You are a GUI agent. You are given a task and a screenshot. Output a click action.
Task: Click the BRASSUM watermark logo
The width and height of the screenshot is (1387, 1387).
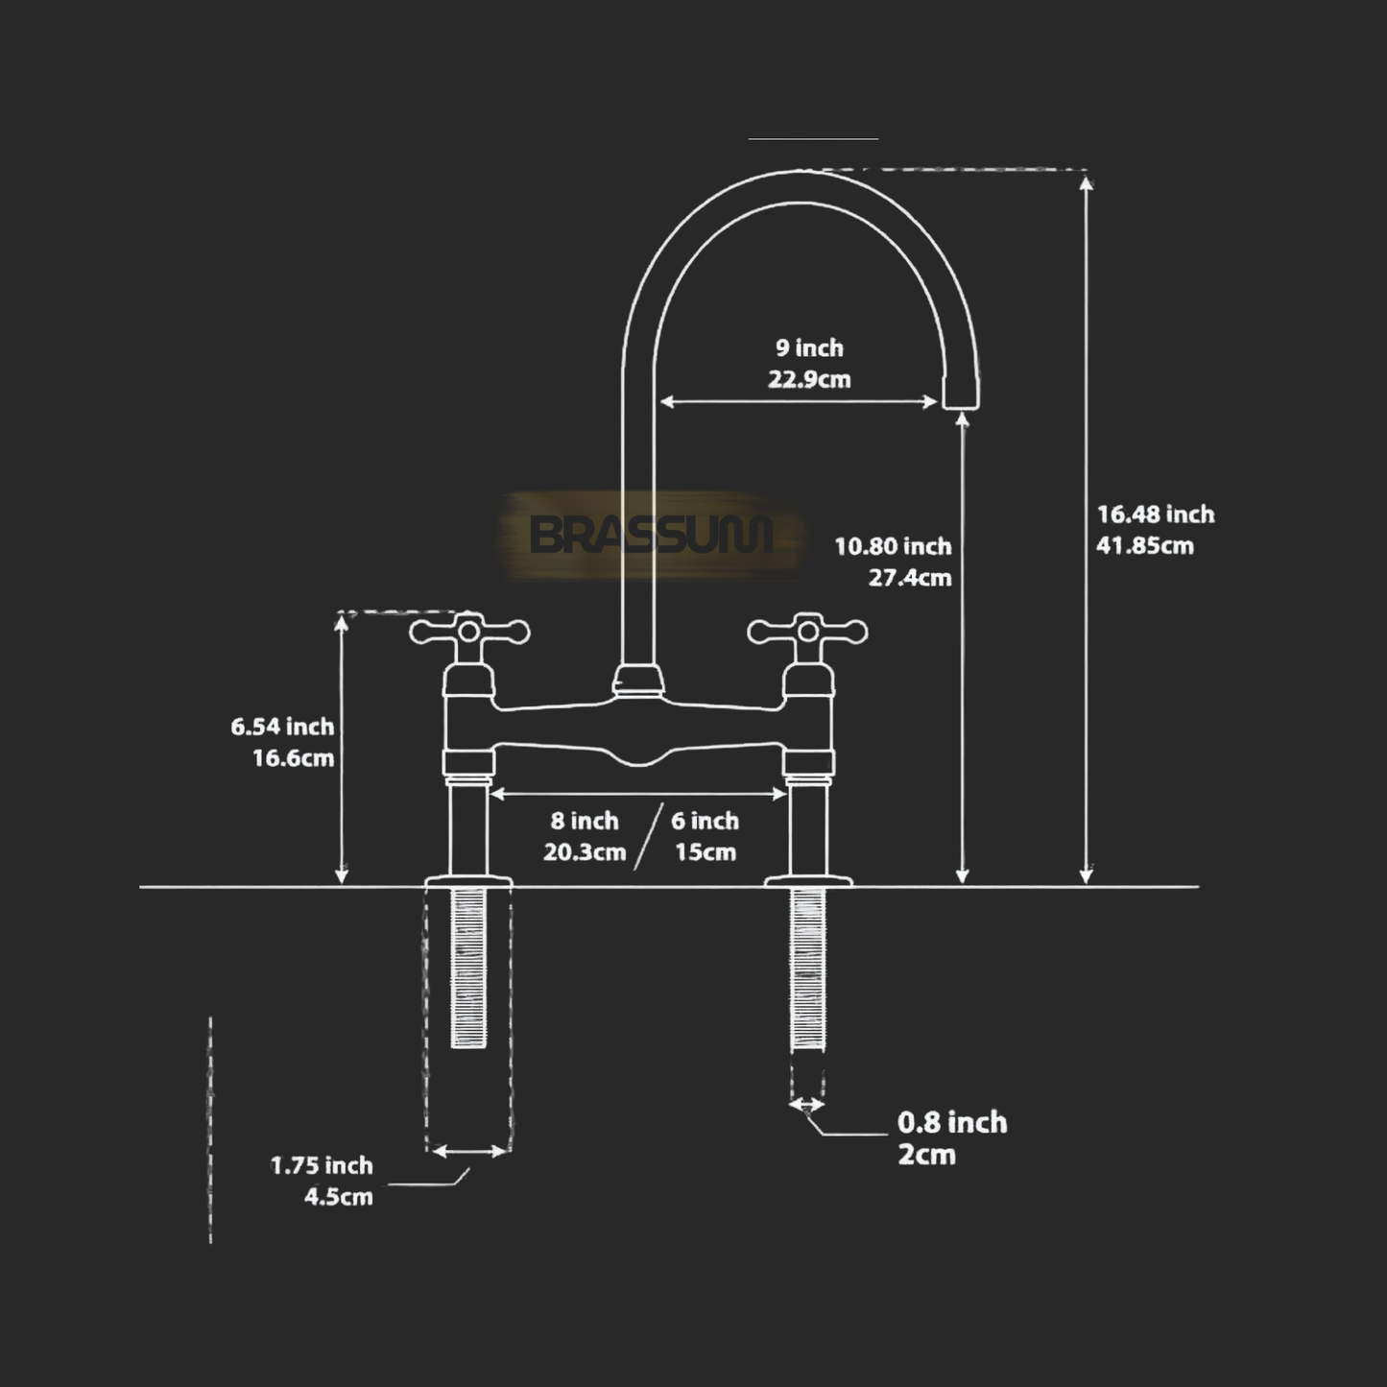pos(651,535)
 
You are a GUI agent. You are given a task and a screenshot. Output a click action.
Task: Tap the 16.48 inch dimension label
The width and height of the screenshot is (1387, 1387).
pos(1156,514)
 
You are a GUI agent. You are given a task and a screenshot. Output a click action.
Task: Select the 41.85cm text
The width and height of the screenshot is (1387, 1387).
pos(1145,546)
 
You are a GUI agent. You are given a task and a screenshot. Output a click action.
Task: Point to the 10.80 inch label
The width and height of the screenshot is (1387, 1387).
pos(893,546)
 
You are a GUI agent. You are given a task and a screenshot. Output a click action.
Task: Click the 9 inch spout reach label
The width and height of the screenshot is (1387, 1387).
pos(809,347)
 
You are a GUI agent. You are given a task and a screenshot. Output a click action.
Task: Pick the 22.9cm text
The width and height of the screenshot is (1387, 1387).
pos(809,379)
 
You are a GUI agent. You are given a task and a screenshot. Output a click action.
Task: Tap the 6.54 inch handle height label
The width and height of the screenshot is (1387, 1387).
pos(282,727)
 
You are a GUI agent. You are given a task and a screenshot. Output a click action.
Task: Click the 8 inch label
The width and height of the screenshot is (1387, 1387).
pos(585,821)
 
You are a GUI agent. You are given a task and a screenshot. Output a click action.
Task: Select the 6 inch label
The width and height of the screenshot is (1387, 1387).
pos(705,821)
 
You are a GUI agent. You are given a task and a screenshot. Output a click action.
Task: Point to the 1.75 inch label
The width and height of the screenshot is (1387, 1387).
pos(322,1165)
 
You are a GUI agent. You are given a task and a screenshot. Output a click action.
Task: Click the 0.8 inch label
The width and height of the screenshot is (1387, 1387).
pos(952,1122)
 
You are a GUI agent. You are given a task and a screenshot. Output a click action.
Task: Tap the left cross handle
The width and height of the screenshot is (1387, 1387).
pos(469,633)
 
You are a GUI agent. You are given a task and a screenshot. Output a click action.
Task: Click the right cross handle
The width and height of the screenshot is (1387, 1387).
pos(807,633)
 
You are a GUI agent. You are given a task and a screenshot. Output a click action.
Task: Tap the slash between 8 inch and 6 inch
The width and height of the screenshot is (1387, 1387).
pos(648,837)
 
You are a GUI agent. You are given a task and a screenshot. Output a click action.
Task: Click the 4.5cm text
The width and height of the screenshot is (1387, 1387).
pos(338,1197)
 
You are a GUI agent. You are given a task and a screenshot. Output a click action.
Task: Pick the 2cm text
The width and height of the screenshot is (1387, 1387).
pos(926,1154)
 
